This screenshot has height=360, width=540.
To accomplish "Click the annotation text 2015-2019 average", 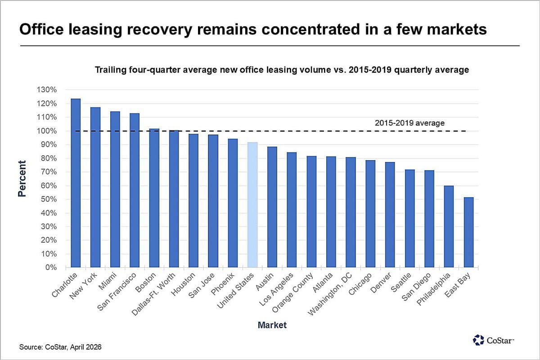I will click(409, 123).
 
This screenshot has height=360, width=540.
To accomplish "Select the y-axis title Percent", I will click(22, 179).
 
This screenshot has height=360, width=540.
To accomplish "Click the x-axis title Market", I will click(272, 325).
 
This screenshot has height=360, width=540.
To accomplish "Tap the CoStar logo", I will click(493, 340).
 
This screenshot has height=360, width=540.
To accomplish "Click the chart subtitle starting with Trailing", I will click(281, 70).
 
